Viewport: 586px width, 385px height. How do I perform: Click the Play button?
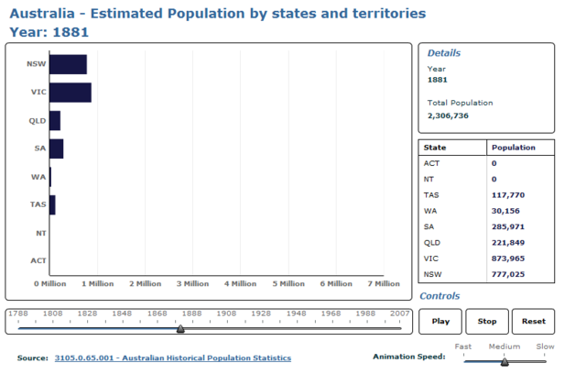coord(440,322)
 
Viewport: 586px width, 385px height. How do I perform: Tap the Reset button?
coord(533,322)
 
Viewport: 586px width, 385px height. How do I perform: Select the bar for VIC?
coord(70,93)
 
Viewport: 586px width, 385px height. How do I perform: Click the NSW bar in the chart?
coord(68,64)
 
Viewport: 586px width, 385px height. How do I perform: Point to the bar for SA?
coord(56,148)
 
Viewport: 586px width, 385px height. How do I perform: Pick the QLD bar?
coord(54,121)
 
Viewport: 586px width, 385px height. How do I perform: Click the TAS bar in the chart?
coord(52,205)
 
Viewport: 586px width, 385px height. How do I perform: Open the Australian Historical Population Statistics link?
coord(172,357)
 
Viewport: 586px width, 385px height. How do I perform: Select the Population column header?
coord(513,148)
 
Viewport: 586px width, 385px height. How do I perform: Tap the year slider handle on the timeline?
coord(180,327)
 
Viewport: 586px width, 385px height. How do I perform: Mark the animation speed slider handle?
coord(505,362)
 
